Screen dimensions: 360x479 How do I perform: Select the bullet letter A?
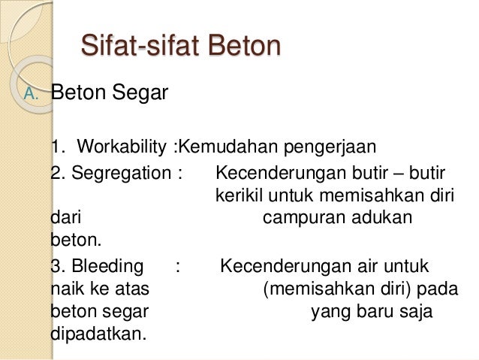pyautogui.click(x=31, y=95)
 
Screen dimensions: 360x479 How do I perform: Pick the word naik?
pyautogui.click(x=65, y=289)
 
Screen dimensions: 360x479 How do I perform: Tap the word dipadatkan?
pyautogui.click(x=97, y=333)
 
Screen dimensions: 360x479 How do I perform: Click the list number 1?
pyautogui.click(x=58, y=145)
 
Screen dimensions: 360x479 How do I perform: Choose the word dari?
pyautogui.click(x=65, y=218)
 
